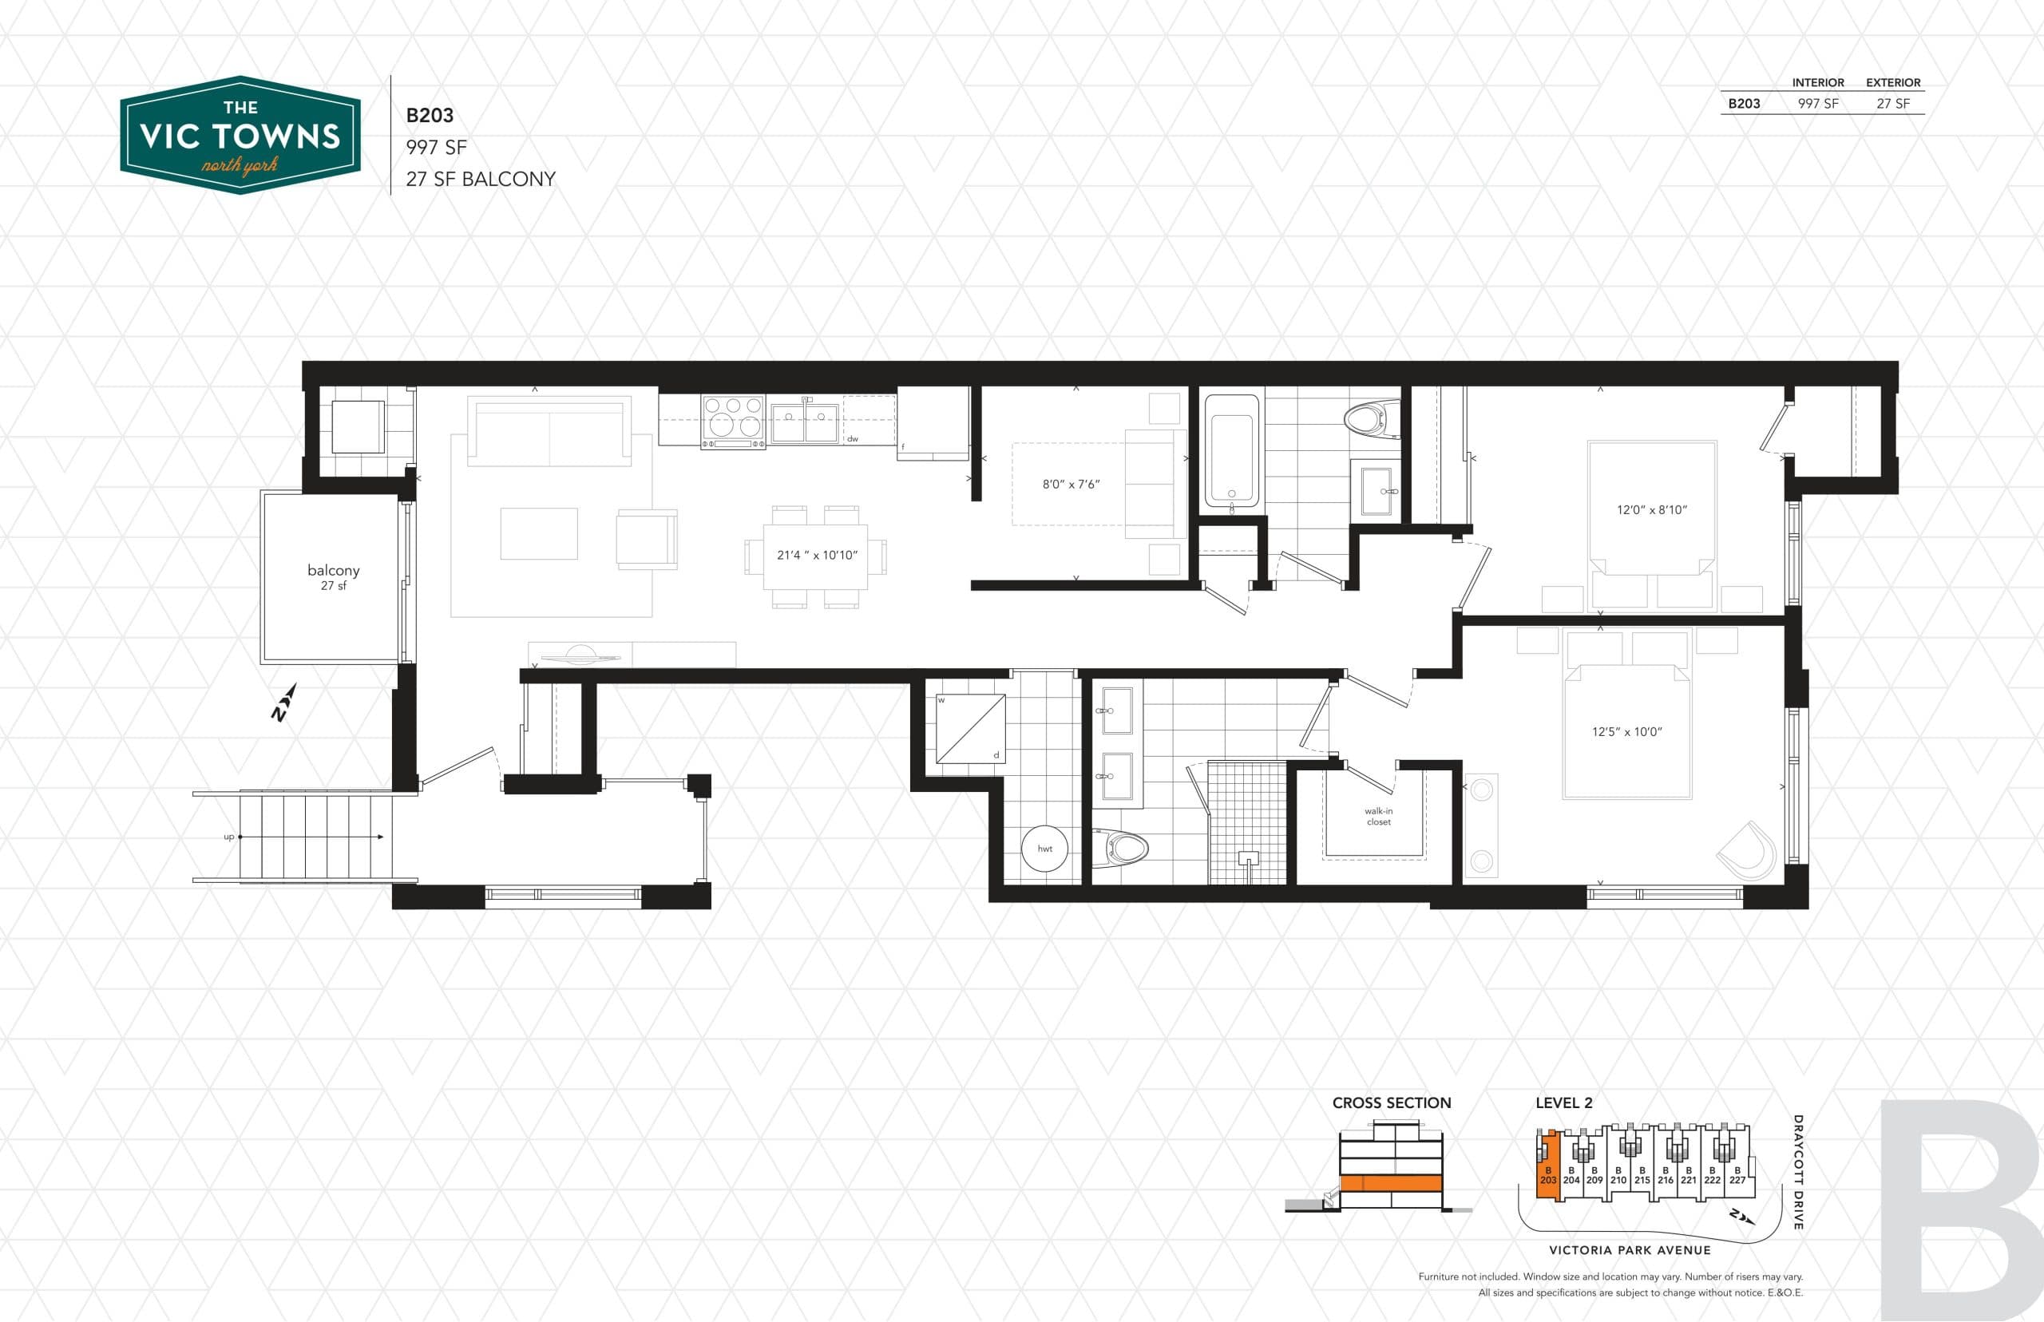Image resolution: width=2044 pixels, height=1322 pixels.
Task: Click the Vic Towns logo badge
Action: point(240,135)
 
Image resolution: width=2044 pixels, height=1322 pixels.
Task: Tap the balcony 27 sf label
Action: point(333,576)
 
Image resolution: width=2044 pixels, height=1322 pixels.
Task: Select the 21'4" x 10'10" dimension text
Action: point(816,555)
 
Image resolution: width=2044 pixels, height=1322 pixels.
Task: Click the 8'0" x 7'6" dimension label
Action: point(1071,484)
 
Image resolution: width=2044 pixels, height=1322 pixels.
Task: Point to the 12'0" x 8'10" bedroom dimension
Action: point(1651,509)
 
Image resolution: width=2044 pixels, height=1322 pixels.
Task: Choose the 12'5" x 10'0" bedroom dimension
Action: point(1626,731)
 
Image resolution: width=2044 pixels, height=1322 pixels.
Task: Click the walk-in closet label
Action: point(1378,816)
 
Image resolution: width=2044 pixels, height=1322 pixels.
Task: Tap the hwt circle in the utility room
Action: point(1044,848)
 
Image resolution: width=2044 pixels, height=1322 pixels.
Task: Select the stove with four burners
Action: point(732,421)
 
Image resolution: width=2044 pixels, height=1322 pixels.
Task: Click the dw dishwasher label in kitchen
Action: point(853,438)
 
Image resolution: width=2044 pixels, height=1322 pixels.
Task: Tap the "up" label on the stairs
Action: point(228,836)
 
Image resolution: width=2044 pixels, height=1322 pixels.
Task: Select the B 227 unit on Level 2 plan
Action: point(1737,1175)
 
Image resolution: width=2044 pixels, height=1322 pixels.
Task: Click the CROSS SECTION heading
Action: point(1391,1103)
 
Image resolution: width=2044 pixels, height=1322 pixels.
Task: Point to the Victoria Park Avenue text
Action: point(1630,1250)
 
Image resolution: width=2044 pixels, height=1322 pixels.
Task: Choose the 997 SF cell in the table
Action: point(1817,104)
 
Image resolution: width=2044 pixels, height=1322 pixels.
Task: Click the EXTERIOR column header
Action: point(1892,82)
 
